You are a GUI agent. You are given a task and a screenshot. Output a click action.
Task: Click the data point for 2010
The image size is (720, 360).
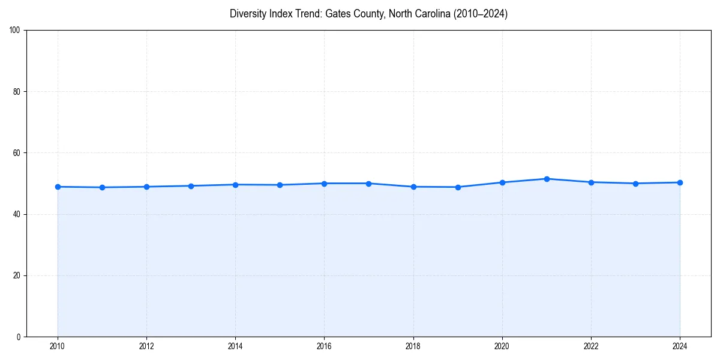pos(58,187)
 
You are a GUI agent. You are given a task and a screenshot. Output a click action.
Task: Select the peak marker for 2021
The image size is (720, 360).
pos(547,179)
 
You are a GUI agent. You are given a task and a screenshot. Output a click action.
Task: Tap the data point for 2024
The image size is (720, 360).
pos(680,182)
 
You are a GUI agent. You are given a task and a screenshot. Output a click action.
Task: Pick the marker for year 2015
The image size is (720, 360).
pos(280,185)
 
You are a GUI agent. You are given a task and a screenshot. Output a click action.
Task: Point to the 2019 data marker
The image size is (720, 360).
pos(458,187)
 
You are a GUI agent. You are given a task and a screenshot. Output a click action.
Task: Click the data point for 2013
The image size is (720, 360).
pos(191,186)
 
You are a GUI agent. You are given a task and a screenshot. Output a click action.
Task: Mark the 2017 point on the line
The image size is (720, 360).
pos(368,184)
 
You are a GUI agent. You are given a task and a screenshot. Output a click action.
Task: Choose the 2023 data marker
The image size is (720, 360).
pos(635,184)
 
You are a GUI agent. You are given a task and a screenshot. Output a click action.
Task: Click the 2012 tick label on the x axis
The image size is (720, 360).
pos(146,346)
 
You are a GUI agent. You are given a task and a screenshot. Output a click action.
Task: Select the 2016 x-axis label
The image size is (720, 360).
pos(324,346)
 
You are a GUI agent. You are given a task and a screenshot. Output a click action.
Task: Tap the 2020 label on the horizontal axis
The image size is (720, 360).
pos(502,346)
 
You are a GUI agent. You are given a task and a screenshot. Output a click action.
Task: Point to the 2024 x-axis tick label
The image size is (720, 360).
pos(680,346)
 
